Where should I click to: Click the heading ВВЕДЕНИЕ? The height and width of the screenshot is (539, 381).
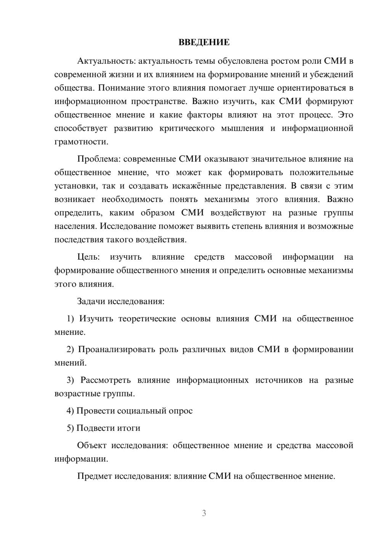[204, 42]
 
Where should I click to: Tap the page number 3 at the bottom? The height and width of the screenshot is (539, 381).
[204, 513]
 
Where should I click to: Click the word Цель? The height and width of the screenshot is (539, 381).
[88, 257]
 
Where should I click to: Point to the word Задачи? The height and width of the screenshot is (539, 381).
[91, 301]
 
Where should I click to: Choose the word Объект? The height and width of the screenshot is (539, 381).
[92, 445]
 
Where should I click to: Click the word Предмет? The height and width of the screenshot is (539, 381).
[94, 476]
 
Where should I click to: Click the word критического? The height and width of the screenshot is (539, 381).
[187, 128]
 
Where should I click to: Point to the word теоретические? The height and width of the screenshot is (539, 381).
[147, 319]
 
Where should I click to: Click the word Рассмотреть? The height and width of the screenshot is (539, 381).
[106, 380]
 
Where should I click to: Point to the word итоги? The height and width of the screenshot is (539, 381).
[130, 428]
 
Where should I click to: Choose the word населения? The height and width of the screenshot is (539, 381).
[76, 226]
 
